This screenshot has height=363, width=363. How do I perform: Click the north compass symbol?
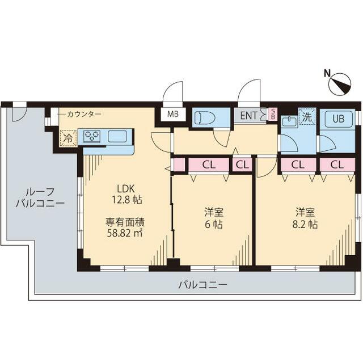(340, 84)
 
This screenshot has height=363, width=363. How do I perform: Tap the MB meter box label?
(173, 114)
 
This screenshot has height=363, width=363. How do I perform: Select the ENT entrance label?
(248, 115)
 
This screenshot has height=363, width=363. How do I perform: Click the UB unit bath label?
(338, 119)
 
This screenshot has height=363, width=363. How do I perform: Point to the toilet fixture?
(205, 118)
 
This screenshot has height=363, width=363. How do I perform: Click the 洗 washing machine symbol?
(307, 119)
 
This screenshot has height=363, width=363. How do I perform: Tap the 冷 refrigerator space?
(68, 137)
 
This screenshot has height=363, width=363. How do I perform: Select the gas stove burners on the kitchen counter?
(92, 136)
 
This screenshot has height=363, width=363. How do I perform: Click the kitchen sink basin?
(118, 136)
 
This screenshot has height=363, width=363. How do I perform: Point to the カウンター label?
(83, 114)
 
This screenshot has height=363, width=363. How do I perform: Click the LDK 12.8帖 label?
(129, 194)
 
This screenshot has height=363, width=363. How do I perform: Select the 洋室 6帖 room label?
(214, 218)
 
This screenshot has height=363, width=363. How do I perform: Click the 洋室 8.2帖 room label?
(305, 218)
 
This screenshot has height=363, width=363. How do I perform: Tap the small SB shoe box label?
(272, 114)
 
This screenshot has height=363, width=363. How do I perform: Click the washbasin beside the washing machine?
(288, 121)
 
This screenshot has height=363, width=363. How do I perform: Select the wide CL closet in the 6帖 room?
(209, 165)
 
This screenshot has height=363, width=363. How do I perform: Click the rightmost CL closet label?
(337, 165)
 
